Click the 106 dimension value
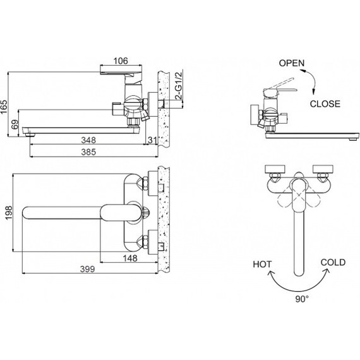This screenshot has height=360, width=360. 121,61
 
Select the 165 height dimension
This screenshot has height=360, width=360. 4,107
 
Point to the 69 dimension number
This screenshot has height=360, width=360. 15,124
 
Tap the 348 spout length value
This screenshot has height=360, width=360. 88,140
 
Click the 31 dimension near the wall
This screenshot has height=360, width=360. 152,140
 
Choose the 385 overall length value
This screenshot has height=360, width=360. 88,152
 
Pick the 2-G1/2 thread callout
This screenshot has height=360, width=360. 179,86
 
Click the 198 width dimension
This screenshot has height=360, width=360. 9,213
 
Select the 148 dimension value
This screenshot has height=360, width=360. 130,258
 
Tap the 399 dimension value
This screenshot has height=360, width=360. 88,269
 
